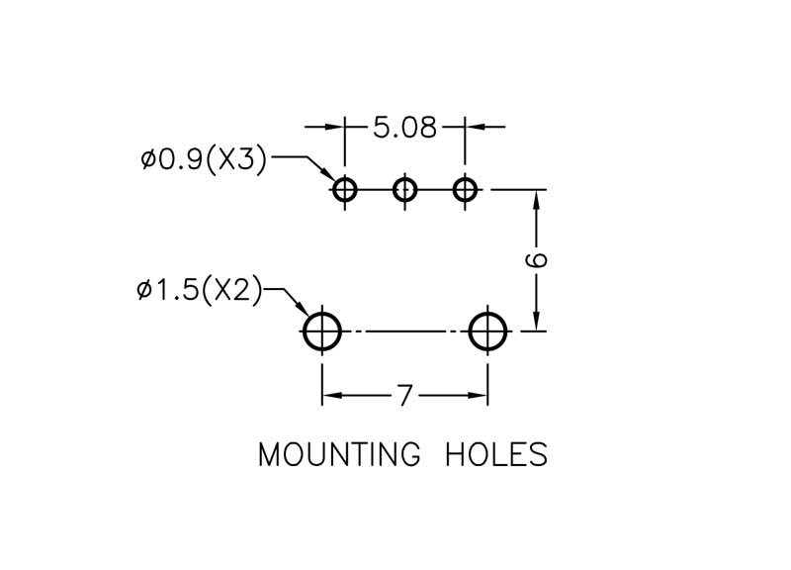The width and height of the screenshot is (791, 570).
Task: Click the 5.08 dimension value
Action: point(404,128)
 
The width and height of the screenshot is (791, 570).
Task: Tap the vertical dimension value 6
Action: point(536,260)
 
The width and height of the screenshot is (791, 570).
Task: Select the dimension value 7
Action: point(404,395)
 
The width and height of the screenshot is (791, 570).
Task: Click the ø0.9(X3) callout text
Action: point(204,160)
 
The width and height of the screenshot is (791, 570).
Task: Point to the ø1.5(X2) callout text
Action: point(200,290)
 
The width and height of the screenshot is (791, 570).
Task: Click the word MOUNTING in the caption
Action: point(339,454)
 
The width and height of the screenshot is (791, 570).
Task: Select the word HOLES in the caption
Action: point(496,454)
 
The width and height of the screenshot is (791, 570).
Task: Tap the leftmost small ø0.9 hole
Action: point(345,190)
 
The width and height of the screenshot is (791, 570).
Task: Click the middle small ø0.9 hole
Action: point(404,190)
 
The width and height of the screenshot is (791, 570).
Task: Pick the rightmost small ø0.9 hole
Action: point(465,190)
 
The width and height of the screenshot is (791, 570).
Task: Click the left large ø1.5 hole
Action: point(322,332)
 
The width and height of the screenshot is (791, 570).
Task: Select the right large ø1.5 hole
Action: point(487,332)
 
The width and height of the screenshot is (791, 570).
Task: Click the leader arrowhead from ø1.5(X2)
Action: point(300,307)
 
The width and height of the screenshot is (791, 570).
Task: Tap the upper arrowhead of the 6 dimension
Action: point(536,201)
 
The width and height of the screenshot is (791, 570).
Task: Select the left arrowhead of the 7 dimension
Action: point(333,395)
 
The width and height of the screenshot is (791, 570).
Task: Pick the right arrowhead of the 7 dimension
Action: point(478,395)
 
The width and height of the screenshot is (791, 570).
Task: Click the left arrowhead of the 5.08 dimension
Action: point(334,127)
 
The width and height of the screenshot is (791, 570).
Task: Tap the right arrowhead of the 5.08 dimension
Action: point(476,127)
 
